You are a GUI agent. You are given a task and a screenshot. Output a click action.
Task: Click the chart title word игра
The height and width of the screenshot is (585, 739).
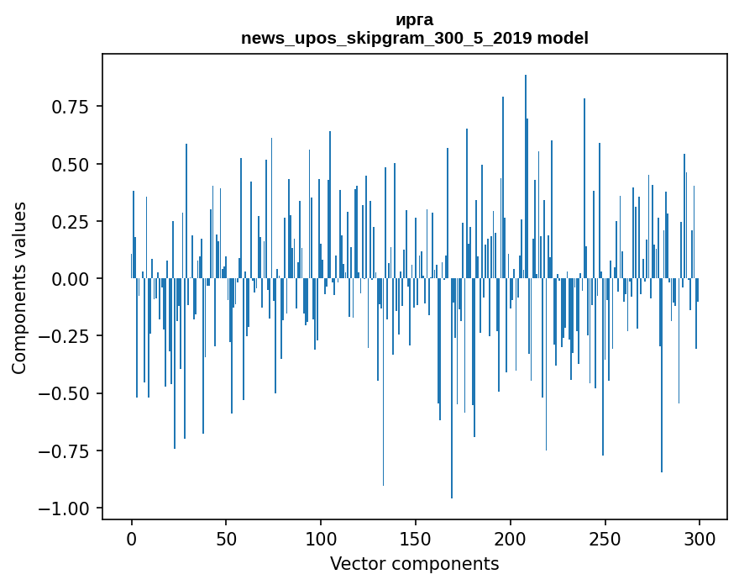click(414, 20)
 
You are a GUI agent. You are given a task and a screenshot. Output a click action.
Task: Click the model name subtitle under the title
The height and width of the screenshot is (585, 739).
click(414, 39)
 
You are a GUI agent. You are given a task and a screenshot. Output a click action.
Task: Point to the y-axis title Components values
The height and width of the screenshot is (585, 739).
click(19, 287)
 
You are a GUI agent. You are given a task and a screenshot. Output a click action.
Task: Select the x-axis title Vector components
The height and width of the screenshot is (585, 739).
click(414, 564)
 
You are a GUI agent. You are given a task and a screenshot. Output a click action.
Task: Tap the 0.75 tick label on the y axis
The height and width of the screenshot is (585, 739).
click(71, 107)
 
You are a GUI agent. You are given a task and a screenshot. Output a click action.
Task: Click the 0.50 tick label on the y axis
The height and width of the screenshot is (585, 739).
click(71, 164)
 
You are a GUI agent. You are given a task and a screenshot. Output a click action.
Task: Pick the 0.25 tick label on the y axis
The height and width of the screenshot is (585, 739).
click(71, 221)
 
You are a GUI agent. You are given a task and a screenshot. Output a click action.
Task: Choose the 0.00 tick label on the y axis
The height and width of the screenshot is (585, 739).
click(71, 279)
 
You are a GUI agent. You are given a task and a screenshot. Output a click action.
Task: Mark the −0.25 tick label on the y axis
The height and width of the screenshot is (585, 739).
click(65, 336)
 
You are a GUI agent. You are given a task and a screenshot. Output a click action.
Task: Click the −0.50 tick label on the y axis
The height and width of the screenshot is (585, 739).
click(65, 393)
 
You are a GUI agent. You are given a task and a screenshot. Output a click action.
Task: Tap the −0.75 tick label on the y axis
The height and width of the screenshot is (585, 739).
click(65, 451)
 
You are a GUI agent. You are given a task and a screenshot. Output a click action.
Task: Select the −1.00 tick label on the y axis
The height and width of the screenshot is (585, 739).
click(65, 509)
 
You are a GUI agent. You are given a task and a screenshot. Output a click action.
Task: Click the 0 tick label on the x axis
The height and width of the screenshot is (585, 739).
click(132, 540)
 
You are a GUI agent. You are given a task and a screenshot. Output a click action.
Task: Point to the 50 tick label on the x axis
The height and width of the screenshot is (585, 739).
click(226, 540)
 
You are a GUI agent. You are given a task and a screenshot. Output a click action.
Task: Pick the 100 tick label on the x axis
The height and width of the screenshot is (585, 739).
click(321, 540)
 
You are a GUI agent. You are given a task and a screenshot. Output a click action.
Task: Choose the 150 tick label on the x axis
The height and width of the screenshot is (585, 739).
click(416, 540)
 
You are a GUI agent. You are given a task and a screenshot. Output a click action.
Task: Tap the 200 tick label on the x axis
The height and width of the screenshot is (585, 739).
click(510, 540)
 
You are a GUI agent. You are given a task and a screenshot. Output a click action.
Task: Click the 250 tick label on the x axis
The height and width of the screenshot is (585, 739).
click(605, 540)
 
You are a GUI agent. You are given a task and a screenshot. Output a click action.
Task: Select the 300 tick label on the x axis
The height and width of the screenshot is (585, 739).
click(700, 540)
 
